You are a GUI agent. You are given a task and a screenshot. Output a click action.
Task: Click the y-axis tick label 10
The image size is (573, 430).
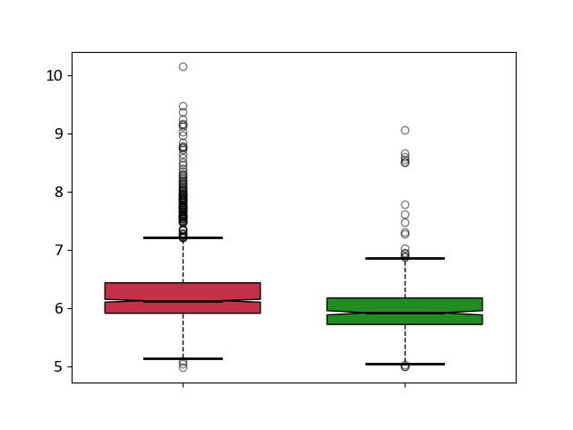tap(54, 75)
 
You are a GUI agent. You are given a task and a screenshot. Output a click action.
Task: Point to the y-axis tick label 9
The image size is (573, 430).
tap(58, 133)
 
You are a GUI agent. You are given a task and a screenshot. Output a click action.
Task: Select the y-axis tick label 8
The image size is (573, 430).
tap(58, 192)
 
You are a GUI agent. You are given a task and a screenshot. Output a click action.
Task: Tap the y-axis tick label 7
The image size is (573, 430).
tap(58, 251)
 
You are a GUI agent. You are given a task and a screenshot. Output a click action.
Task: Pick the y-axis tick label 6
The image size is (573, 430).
tap(58, 308)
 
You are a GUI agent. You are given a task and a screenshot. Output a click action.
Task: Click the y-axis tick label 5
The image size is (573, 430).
tap(58, 366)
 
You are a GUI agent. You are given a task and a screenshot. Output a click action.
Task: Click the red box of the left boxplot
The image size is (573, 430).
tap(183, 291)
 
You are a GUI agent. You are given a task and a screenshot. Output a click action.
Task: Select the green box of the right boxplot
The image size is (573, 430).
tap(405, 305)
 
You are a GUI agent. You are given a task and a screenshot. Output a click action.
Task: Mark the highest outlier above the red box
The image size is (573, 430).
tap(183, 66)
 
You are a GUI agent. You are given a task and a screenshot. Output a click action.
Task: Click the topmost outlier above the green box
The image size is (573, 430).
tap(405, 130)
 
